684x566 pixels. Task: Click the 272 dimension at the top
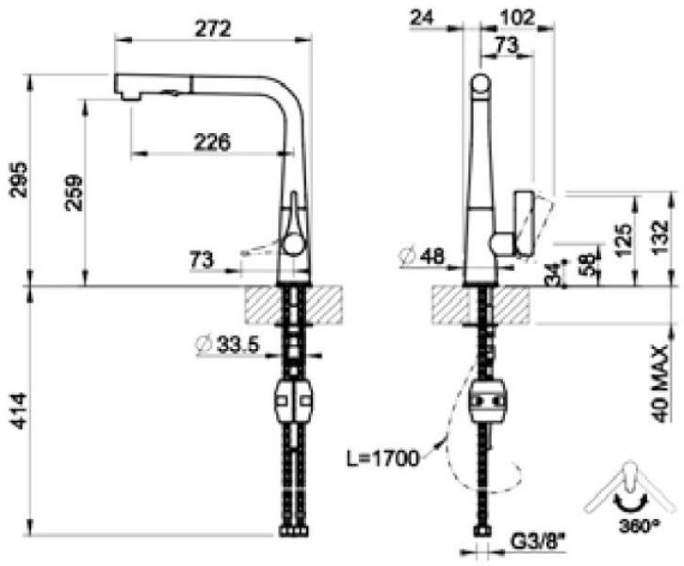pos(213,29)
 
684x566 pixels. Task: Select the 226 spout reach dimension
pos(212,142)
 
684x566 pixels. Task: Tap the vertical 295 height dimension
pos(19,180)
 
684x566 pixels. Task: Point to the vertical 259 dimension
pos(73,193)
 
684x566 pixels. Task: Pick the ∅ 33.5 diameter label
pos(228,345)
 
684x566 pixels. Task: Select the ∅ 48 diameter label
pos(422,257)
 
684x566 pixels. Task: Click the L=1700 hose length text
pos(383,458)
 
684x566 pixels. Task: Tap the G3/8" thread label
pos(537,542)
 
